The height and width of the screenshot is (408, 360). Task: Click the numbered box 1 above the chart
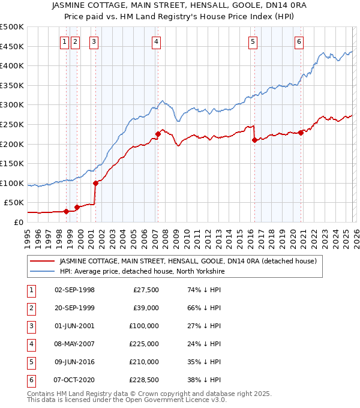(x=64, y=41)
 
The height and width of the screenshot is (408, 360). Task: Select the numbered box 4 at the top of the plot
(x=155, y=41)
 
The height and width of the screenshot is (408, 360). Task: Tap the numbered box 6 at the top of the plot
(x=299, y=41)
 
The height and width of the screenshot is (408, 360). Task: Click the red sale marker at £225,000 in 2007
(x=158, y=134)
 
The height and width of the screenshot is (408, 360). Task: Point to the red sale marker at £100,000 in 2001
(x=95, y=183)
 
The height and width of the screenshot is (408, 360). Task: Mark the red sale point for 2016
(x=254, y=140)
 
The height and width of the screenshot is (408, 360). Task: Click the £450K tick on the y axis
(x=12, y=46)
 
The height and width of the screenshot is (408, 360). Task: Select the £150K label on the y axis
(x=12, y=163)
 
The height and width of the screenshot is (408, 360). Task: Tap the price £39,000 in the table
(x=146, y=308)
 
